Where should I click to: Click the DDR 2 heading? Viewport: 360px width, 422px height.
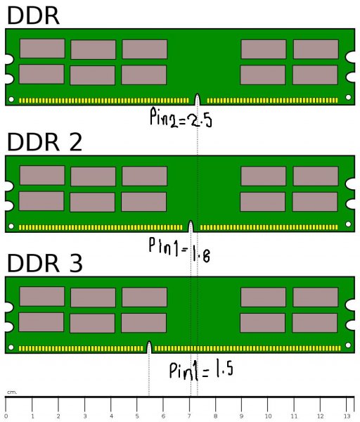(44, 142)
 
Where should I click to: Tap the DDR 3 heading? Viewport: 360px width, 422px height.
(45, 262)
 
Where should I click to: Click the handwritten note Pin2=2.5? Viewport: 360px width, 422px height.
(181, 117)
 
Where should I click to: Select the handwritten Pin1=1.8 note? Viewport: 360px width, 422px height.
(179, 250)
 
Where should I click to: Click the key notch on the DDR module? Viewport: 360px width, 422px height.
(198, 99)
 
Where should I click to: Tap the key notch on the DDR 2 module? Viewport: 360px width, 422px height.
(191, 226)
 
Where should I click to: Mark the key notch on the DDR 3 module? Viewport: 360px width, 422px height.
(149, 347)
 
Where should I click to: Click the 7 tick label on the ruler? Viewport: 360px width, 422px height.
(189, 416)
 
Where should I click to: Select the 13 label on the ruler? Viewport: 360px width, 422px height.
(347, 416)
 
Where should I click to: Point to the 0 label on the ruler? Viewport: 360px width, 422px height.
(6, 416)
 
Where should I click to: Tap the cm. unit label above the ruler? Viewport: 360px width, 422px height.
(12, 392)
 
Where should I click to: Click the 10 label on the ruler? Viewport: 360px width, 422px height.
(268, 416)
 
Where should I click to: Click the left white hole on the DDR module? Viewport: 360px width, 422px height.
(11, 99)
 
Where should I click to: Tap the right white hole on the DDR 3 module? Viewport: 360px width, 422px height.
(348, 345)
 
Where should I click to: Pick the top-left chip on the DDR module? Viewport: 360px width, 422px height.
(42, 49)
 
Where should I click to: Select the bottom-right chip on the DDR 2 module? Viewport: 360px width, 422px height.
(315, 202)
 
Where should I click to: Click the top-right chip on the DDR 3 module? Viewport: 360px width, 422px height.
(316, 297)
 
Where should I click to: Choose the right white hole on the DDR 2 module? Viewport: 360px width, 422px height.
(348, 224)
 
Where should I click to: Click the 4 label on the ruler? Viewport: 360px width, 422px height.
(111, 416)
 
